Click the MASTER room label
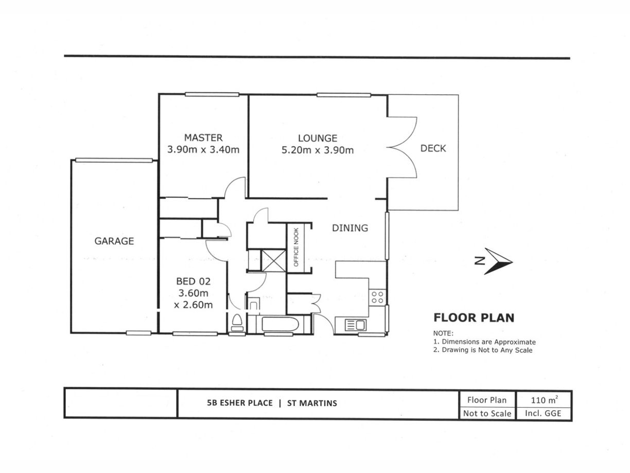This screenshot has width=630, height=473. click(203, 138)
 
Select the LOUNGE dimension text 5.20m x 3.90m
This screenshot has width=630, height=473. click(318, 150)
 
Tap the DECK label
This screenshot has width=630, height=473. click(433, 149)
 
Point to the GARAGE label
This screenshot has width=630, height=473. click(114, 241)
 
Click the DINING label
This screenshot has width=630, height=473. click(349, 228)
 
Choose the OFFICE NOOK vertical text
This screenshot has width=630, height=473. click(296, 247)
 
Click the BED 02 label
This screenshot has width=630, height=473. click(193, 281)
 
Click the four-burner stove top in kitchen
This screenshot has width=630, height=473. click(377, 297)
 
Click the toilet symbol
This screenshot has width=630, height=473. click(237, 322)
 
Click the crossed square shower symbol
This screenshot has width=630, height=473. click(273, 260)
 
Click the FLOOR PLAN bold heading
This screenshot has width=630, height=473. click(474, 317)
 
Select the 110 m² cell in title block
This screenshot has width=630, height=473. click(542, 400)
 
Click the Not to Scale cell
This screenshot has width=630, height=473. click(487, 413)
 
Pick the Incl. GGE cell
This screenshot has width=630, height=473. click(542, 413)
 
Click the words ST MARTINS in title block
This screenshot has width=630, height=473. click(312, 403)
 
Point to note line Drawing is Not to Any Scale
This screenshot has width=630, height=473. click(482, 350)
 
